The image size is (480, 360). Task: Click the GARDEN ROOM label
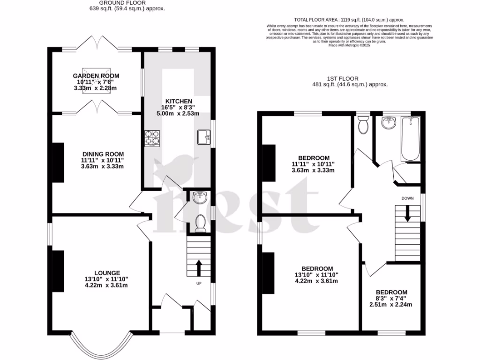point(96,75)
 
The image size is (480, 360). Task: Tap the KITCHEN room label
point(178,101)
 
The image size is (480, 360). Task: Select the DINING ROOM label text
point(103,154)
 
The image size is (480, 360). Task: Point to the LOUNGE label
point(107,273)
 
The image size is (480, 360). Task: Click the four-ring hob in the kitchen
point(152,137)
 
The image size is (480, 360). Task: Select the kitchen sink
point(205,137)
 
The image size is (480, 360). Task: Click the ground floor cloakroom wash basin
point(201,198)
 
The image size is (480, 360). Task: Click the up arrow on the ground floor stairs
point(198,268)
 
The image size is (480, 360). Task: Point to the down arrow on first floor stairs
point(407,214)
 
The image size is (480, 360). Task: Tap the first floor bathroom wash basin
point(388,123)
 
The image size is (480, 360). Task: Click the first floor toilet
point(362,125)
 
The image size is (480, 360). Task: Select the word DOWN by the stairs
point(407,198)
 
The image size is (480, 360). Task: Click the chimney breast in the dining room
point(57,162)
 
